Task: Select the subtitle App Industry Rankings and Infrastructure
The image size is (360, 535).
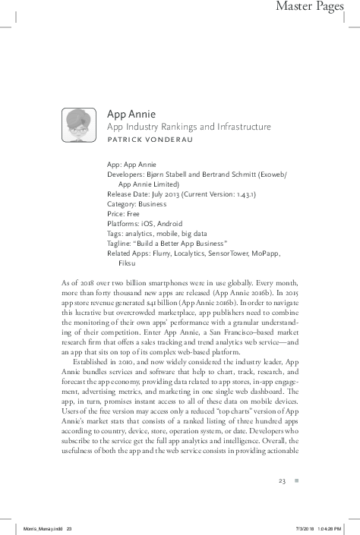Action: tap(178, 127)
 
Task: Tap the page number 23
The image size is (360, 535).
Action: tap(281, 480)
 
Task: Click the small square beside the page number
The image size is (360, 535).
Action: tap(297, 480)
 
